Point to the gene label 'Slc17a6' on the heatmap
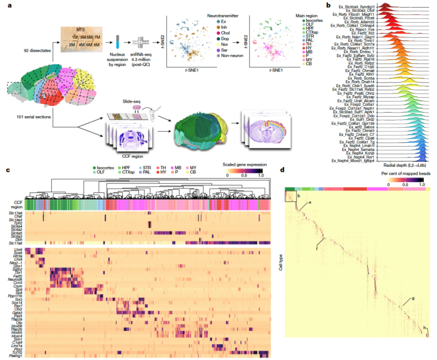(15, 243)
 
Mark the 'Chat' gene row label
(18, 218)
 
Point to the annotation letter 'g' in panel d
(413, 299)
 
